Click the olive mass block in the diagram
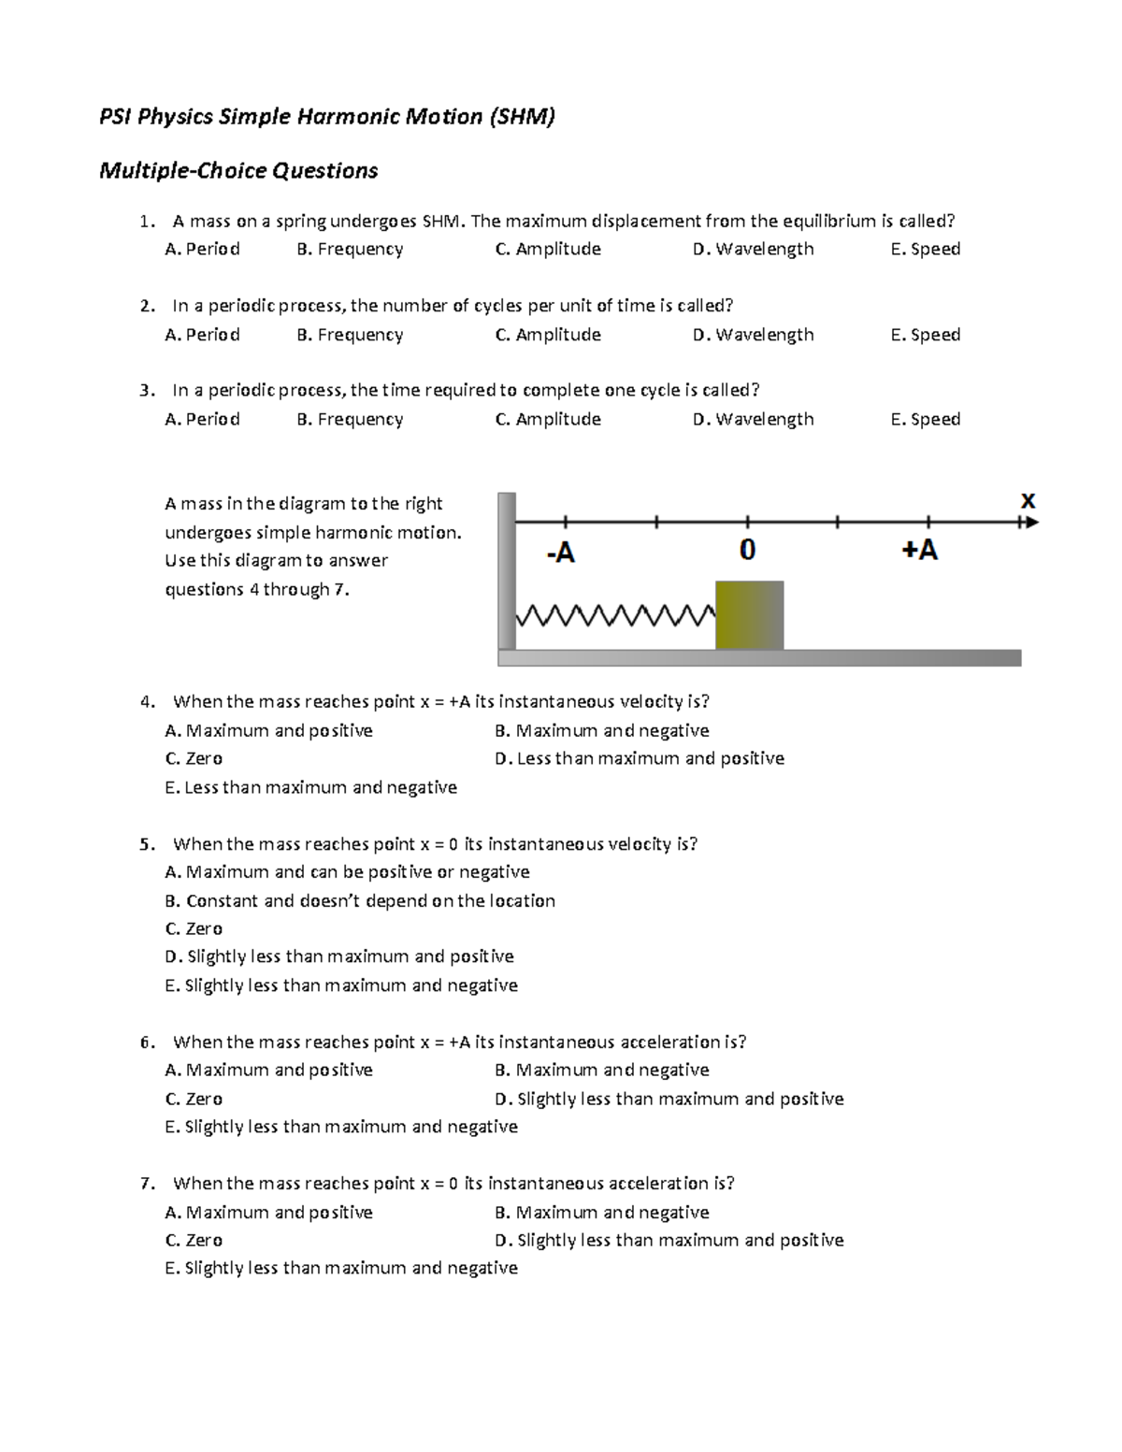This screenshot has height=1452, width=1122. click(x=749, y=614)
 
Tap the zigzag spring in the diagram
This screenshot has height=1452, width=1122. click(x=615, y=616)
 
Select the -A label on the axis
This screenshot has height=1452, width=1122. click(x=560, y=553)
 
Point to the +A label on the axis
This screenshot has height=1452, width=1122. click(x=919, y=550)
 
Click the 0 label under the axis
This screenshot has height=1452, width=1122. click(x=747, y=551)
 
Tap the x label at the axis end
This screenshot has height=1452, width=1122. click(x=1028, y=501)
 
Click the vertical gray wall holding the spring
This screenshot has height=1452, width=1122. click(x=507, y=570)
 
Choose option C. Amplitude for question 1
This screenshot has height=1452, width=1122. click(x=548, y=249)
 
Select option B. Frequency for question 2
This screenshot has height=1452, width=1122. click(x=350, y=335)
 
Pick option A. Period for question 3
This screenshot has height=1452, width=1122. click(x=202, y=419)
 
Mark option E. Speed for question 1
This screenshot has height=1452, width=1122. click(x=926, y=249)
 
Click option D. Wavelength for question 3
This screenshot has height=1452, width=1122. click(x=754, y=419)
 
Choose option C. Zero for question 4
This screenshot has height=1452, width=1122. click(x=194, y=758)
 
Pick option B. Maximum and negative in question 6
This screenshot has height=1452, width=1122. click(x=602, y=1070)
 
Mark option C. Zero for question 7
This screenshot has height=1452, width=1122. click(x=194, y=1240)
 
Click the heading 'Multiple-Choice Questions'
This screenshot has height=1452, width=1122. click(x=238, y=170)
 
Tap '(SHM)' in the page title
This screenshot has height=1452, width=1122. click(x=521, y=116)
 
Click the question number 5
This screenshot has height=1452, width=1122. click(x=146, y=844)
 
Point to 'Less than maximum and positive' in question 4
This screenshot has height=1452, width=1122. click(x=640, y=758)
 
